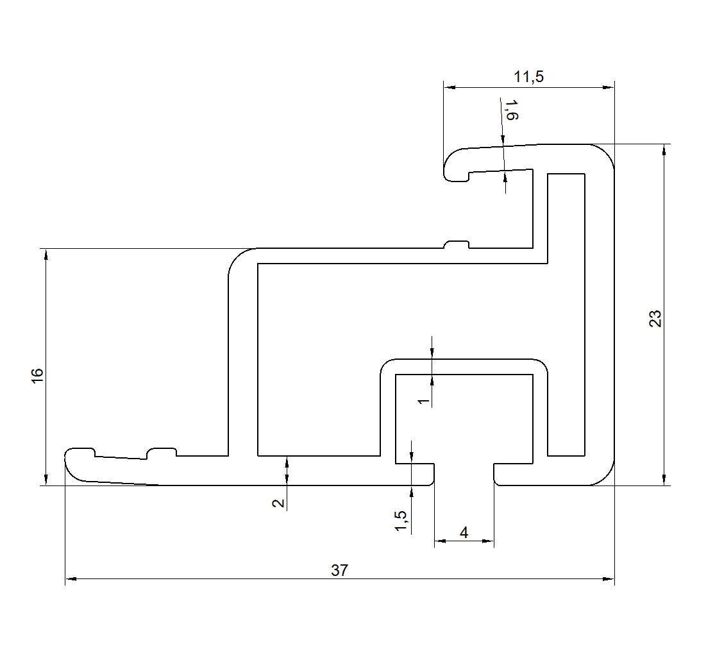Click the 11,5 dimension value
pyautogui.click(x=528, y=77)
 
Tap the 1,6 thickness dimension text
pyautogui.click(x=511, y=110)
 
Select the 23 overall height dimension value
pyautogui.click(x=655, y=319)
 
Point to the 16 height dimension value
pyautogui.click(x=37, y=375)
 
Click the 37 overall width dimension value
pyautogui.click(x=339, y=570)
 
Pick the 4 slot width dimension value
pyautogui.click(x=464, y=532)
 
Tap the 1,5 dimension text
pyautogui.click(x=401, y=521)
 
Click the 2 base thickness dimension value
pyautogui.click(x=278, y=502)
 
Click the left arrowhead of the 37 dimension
pyautogui.click(x=71, y=579)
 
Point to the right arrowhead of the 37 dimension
pyautogui.click(x=609, y=579)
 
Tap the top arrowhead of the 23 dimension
pyautogui.click(x=664, y=149)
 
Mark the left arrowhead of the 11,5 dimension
pyautogui.click(x=450, y=87)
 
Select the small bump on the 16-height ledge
pyautogui.click(x=457, y=244)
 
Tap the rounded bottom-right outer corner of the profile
pyautogui.click(x=606, y=477)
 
